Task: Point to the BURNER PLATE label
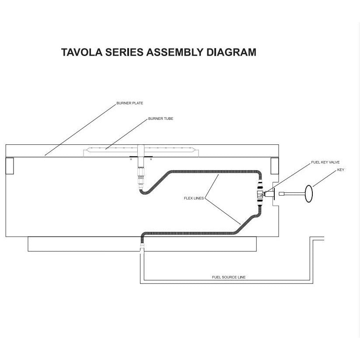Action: point(129,103)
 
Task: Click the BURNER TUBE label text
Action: point(161,119)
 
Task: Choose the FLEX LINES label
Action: point(193,198)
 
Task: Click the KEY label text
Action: point(340,170)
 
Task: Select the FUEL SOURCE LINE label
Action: point(228,277)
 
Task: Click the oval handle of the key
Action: point(309,193)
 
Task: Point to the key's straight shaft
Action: point(291,193)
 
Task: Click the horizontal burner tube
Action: point(140,149)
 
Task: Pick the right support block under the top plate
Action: point(275,165)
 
